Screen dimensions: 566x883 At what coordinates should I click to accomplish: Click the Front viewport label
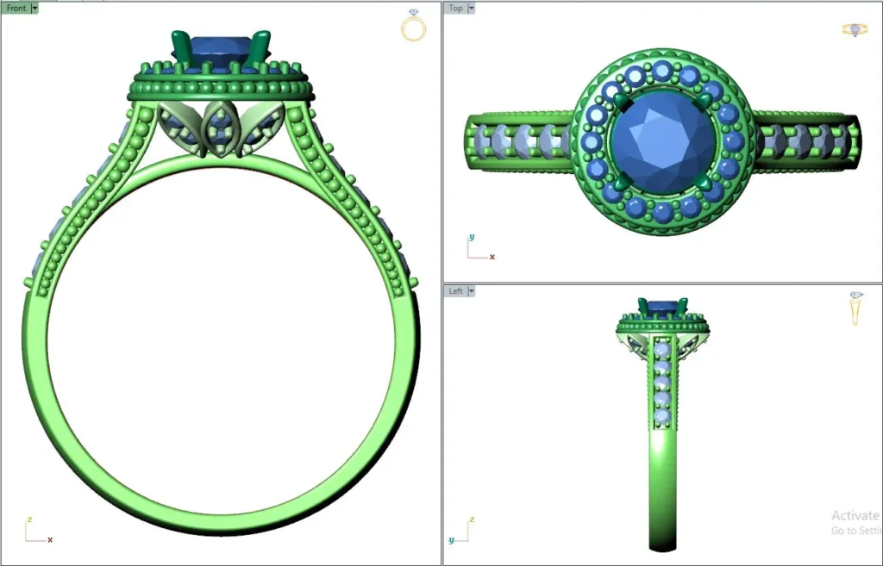click(16, 8)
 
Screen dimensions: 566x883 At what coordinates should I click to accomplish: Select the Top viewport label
click(455, 8)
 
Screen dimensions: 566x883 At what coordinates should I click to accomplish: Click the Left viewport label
click(455, 291)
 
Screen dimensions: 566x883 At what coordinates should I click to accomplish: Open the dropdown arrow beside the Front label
click(34, 8)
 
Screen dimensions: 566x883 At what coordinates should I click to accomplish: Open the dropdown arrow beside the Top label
click(471, 8)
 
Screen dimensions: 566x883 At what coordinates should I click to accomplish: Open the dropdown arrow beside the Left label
click(471, 291)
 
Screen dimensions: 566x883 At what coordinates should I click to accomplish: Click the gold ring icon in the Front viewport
click(414, 27)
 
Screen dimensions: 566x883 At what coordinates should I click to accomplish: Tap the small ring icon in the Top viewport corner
click(854, 29)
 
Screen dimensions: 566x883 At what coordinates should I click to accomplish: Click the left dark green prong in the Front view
click(182, 47)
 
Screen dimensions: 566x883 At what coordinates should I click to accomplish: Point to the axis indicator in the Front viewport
click(36, 532)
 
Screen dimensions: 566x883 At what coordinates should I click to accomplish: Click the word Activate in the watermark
click(855, 515)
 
